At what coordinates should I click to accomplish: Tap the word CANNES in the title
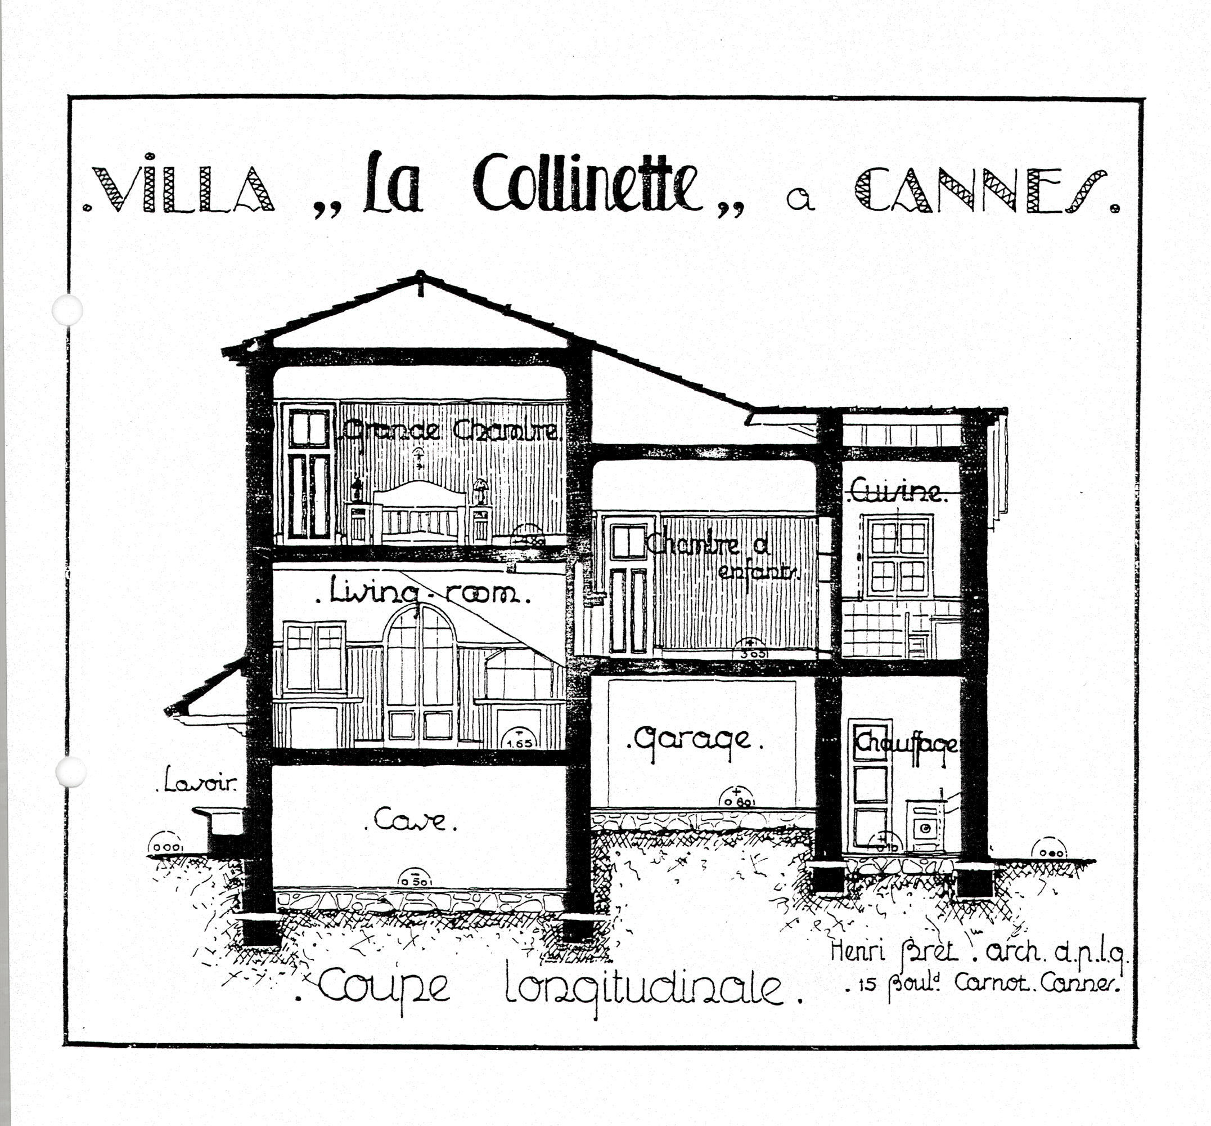pyautogui.click(x=983, y=190)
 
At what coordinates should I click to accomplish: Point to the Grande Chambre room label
pyautogui.click(x=451, y=430)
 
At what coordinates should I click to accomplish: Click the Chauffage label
pyautogui.click(x=906, y=743)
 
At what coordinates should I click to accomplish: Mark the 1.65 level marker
pyautogui.click(x=519, y=739)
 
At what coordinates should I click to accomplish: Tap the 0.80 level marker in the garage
pyautogui.click(x=737, y=798)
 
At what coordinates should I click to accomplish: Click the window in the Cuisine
pyautogui.click(x=898, y=556)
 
